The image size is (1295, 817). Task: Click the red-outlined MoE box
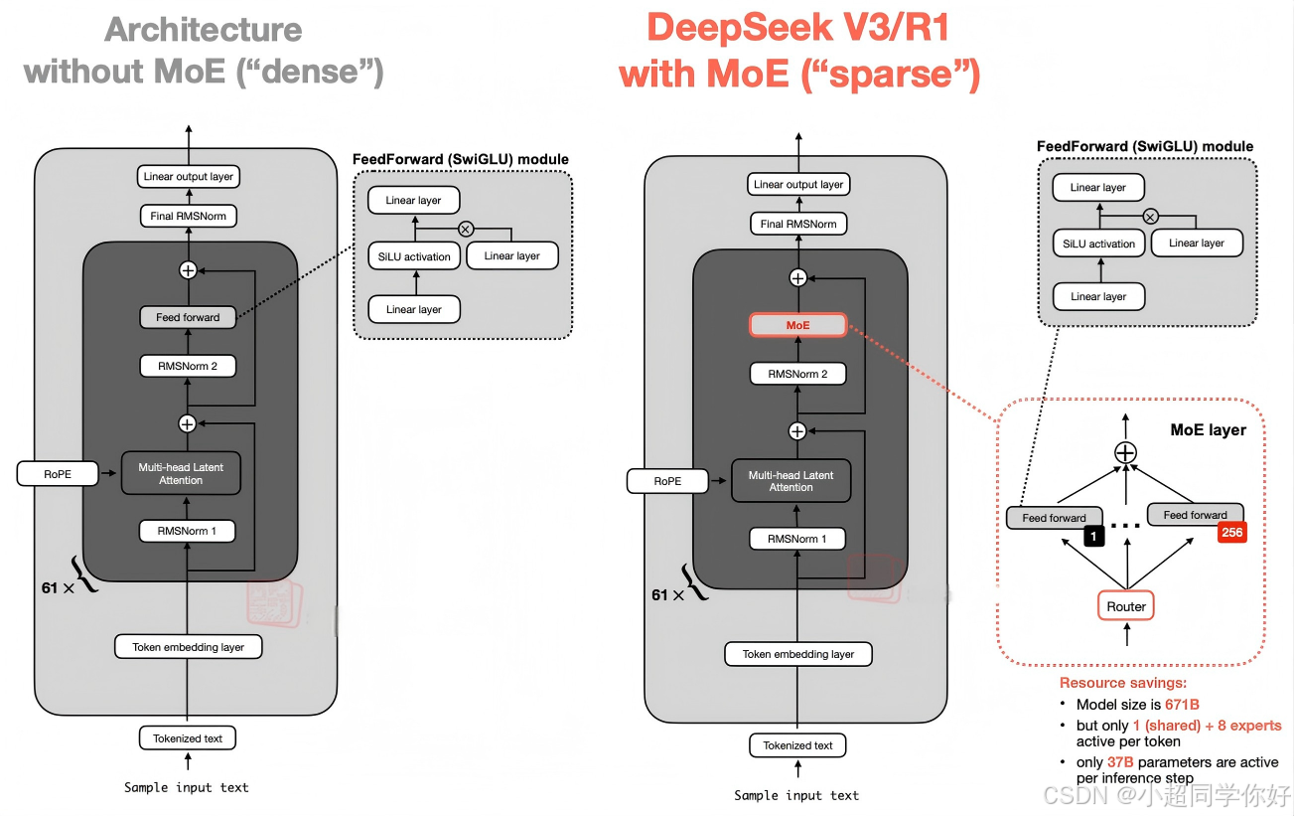tap(798, 325)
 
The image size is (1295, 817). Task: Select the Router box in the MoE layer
tap(1126, 606)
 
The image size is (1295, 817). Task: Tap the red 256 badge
tap(1231, 533)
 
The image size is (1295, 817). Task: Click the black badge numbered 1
tap(1094, 537)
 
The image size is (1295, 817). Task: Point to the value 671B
tap(1182, 705)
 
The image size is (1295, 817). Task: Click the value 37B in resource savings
tap(1120, 762)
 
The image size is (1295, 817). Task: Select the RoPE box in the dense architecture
tap(58, 474)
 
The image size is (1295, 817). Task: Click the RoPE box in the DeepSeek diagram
tap(667, 481)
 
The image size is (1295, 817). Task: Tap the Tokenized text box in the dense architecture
tap(188, 738)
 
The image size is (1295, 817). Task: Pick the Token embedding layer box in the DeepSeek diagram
tap(798, 654)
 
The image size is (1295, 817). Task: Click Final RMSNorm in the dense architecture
tap(189, 216)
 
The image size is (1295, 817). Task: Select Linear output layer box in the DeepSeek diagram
tap(798, 184)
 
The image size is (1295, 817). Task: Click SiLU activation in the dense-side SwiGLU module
tap(414, 256)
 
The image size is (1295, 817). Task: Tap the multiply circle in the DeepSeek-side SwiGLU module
tap(1150, 216)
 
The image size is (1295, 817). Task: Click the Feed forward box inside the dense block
tap(188, 318)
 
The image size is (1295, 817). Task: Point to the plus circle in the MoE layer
tap(1125, 452)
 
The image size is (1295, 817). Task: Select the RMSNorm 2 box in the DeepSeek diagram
tap(798, 374)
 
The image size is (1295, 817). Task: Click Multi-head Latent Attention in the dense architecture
tap(181, 474)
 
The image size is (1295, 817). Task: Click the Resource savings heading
tap(1122, 683)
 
